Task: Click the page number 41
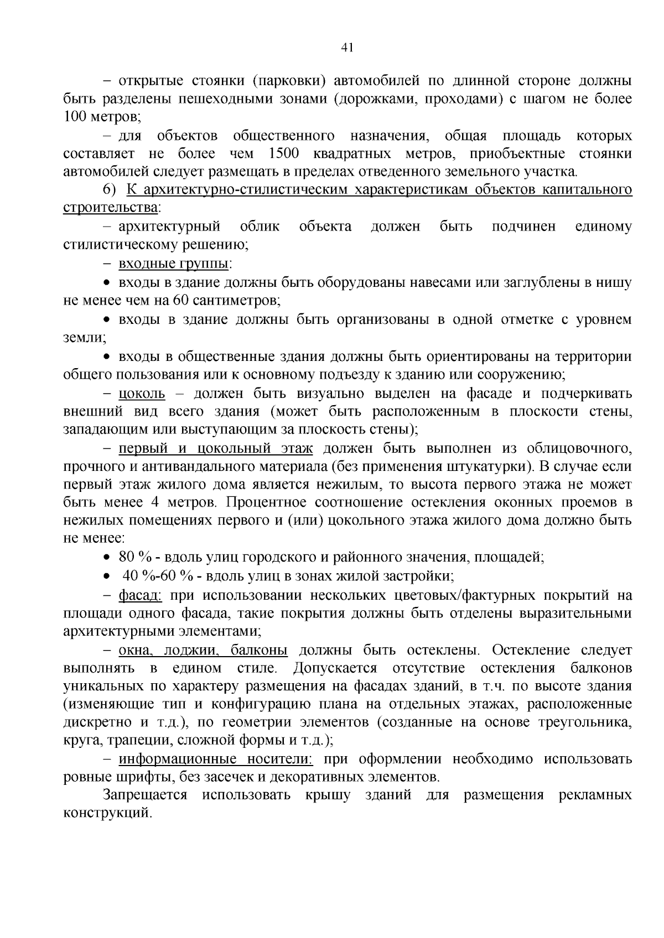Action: tap(347, 48)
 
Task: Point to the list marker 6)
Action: tap(111, 190)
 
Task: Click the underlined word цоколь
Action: tap(142, 394)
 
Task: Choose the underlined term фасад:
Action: tap(140, 595)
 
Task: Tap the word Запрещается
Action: tap(145, 795)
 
